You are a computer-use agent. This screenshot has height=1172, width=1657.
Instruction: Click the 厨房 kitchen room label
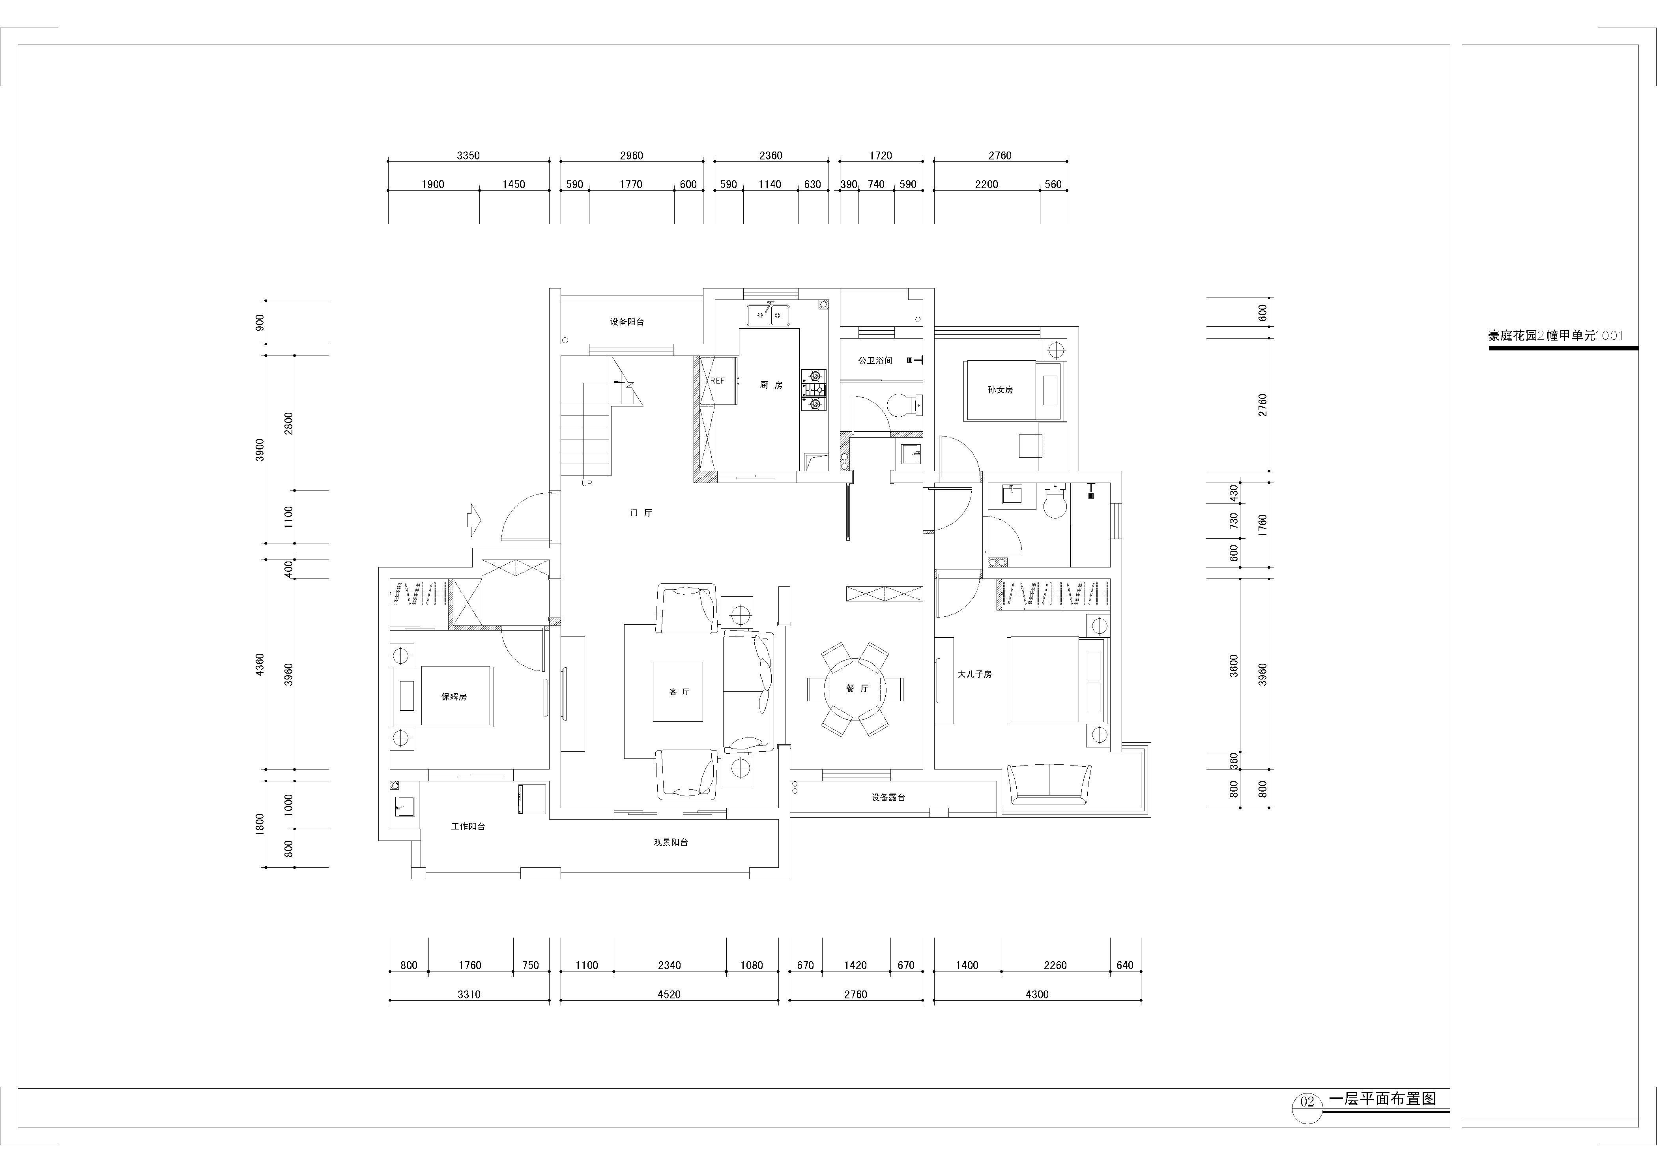(771, 386)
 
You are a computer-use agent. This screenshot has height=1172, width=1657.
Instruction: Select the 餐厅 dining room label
(857, 689)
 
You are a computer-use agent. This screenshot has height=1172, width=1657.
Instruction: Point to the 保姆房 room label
(454, 696)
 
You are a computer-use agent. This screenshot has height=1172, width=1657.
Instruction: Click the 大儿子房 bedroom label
(974, 674)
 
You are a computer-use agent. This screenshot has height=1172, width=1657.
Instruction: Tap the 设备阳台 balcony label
(627, 322)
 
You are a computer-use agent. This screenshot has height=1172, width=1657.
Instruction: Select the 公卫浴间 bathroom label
(875, 360)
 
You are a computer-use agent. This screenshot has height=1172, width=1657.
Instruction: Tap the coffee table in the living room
(678, 691)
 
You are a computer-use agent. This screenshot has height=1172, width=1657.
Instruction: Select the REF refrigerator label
(717, 380)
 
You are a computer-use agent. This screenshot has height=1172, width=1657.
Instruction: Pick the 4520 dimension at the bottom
(669, 994)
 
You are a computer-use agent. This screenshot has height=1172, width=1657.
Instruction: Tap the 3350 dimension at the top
(468, 155)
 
